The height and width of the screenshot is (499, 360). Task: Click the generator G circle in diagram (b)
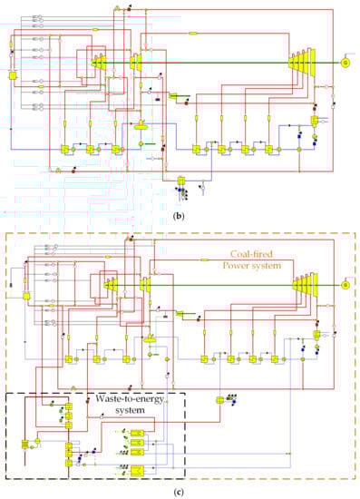point(345,63)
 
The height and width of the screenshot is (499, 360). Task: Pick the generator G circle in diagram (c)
point(345,285)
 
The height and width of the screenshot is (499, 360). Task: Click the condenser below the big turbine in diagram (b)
point(316,121)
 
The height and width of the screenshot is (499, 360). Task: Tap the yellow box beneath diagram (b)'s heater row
point(180,181)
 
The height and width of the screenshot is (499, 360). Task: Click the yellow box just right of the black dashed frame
point(219,400)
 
